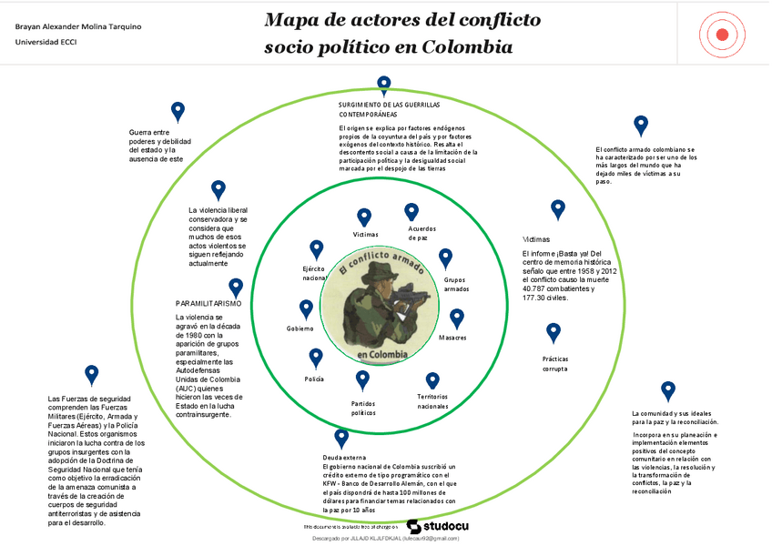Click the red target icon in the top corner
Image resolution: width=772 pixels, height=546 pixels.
723,35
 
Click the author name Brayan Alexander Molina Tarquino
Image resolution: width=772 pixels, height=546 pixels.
78,26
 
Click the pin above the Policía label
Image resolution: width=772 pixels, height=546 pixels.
316,358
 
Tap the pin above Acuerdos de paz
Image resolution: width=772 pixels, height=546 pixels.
411,213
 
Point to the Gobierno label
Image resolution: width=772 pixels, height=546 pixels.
300,329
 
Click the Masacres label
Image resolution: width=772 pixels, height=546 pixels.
452,338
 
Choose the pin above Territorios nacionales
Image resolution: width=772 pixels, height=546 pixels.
432,379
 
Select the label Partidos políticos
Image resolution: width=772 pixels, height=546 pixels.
363,408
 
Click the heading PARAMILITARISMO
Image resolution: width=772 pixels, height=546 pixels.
208,302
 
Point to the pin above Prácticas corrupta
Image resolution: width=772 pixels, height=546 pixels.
554,331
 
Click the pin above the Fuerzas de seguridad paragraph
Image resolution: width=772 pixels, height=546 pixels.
91,374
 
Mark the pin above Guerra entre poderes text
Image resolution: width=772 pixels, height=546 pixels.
178,111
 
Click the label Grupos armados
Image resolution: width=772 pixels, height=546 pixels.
456,284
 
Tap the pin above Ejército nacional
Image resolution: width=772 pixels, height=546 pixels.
317,249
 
